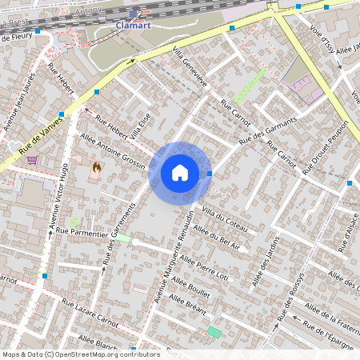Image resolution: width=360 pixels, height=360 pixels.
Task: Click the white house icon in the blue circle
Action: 180,172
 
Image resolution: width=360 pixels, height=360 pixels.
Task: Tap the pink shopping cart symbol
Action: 32,159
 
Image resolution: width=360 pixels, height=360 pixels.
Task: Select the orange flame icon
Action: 97,167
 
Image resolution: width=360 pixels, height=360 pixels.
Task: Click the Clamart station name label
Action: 133,25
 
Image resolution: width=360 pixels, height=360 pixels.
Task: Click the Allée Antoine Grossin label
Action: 114,152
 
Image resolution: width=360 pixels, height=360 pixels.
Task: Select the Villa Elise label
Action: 140,126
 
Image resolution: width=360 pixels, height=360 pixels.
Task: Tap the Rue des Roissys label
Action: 290,298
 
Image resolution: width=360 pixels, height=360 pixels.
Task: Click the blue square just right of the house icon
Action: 210,173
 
